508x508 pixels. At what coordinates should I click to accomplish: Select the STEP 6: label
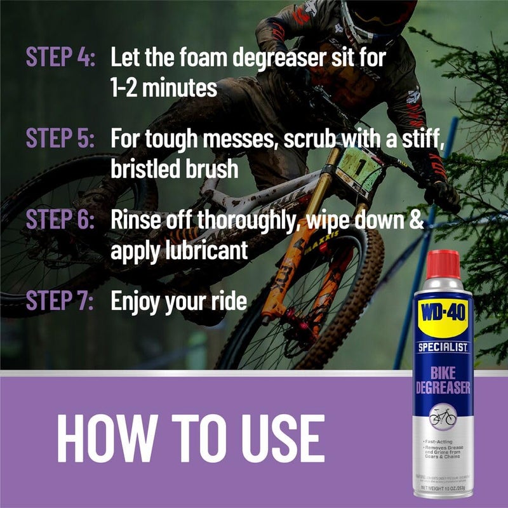(60, 220)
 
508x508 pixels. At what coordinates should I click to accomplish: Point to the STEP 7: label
(60, 300)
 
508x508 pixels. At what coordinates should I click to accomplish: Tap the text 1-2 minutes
(164, 87)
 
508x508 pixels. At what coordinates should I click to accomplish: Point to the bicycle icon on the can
(443, 417)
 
